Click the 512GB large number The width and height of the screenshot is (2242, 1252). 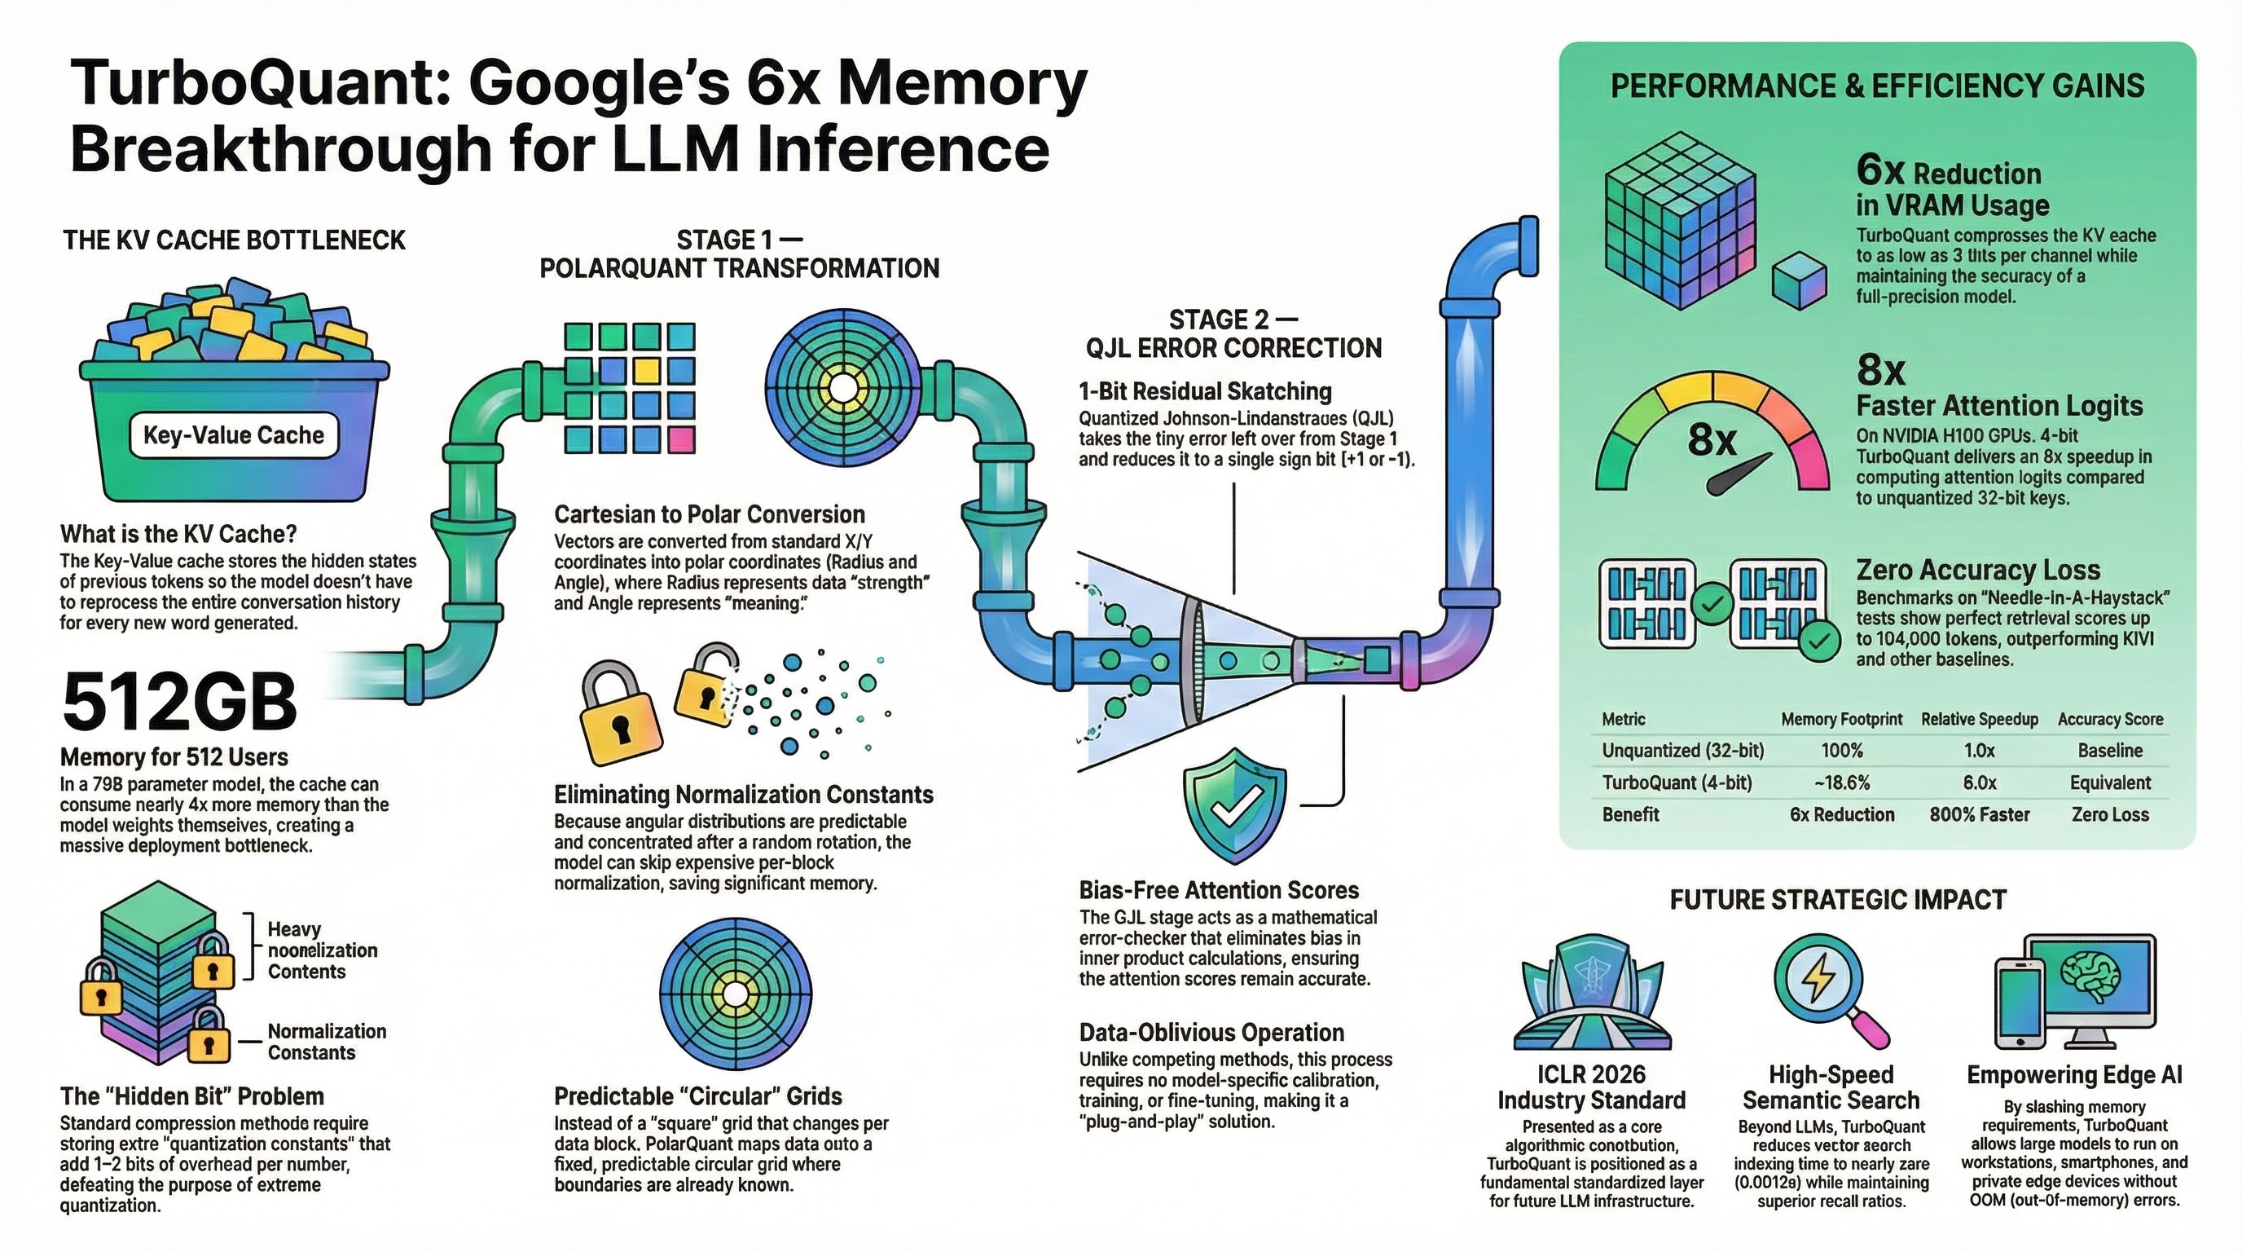coord(179,703)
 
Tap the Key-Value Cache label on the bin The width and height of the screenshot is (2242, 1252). coord(233,435)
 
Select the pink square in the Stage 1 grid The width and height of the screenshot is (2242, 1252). coord(680,439)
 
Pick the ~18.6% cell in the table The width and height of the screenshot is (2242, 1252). coord(1842,782)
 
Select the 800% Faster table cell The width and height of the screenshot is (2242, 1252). coord(1979,815)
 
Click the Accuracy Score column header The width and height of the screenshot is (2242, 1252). coord(2110,719)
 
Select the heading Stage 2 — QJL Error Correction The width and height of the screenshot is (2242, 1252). coord(1233,333)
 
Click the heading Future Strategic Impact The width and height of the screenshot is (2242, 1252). coord(1838,899)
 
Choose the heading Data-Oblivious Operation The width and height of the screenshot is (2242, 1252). coord(1211,1033)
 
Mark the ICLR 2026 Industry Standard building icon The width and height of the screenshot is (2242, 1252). coord(1591,993)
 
